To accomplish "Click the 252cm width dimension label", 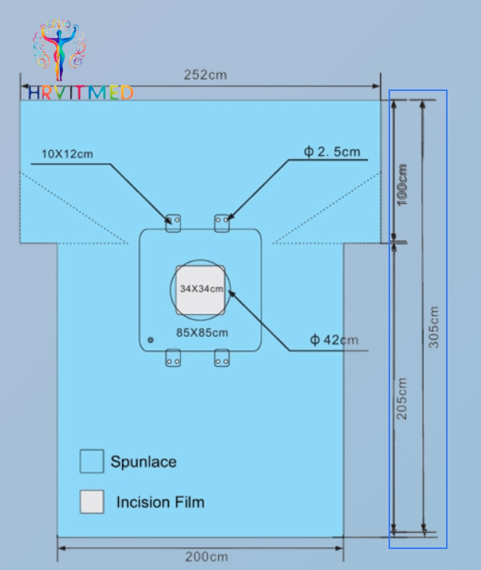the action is pyautogui.click(x=205, y=75).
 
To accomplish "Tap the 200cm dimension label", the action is pyautogui.click(x=207, y=557).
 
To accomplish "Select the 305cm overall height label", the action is pyautogui.click(x=434, y=327).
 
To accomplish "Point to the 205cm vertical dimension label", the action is pyautogui.click(x=402, y=399).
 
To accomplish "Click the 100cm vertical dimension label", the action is pyautogui.click(x=403, y=185).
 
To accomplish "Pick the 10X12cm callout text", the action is pyautogui.click(x=67, y=154).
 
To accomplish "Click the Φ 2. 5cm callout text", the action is pyautogui.click(x=332, y=152).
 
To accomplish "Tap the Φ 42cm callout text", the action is pyautogui.click(x=334, y=340).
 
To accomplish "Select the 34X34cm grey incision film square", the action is pyautogui.click(x=200, y=290).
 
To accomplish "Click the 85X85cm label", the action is pyautogui.click(x=202, y=333).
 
